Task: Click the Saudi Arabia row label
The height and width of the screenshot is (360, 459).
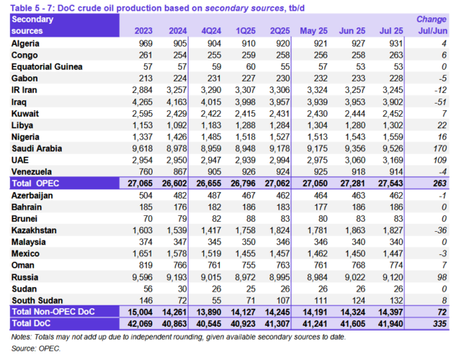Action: tap(38, 148)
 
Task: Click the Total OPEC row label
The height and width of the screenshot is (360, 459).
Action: tap(37, 184)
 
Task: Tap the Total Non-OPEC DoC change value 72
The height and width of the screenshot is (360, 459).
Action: tap(441, 312)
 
